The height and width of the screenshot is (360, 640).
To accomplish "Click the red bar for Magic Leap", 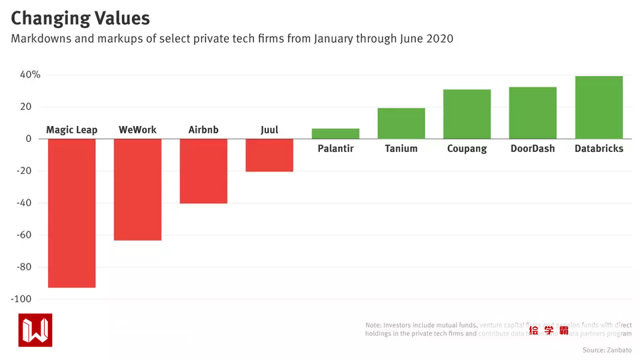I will [x=71, y=213].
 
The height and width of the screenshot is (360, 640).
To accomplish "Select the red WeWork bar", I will [x=137, y=189].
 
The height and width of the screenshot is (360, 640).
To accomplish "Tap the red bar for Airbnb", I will [x=203, y=171].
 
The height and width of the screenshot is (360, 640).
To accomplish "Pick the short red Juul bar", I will [x=269, y=155].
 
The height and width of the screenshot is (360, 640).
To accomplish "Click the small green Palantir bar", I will [x=335, y=134].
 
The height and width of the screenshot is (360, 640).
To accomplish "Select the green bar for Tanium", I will [x=401, y=123].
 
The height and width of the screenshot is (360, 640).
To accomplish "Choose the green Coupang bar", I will [x=467, y=114].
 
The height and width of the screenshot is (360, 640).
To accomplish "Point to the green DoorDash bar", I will [x=533, y=113].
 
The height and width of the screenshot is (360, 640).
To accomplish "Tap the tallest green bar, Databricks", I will [x=599, y=107].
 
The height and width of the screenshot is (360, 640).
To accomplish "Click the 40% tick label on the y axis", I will [x=30, y=75].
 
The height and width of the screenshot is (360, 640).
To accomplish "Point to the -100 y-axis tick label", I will [x=25, y=299].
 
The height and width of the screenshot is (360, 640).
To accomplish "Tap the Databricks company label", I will [x=599, y=149].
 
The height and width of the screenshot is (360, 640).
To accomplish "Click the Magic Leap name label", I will [x=71, y=130].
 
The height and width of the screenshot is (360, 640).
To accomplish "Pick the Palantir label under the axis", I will [x=335, y=149].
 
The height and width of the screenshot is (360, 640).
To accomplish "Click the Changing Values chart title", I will [x=80, y=18].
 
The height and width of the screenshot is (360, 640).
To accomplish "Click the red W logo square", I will [x=35, y=330].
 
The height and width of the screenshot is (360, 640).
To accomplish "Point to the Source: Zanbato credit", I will [x=607, y=350].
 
